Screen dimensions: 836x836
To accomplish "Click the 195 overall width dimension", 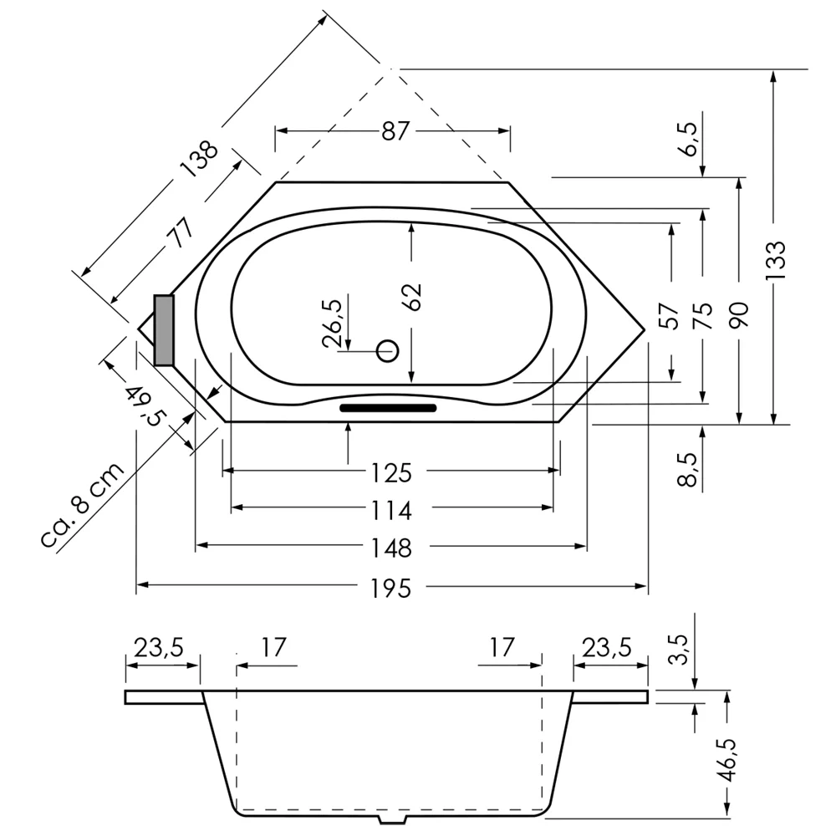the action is point(391,589).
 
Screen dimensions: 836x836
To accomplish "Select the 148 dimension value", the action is point(391,548).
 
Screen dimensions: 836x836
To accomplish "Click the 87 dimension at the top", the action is point(395,131).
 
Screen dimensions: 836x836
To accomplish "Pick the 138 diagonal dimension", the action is point(199,159).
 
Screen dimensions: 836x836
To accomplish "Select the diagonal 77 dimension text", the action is point(181,232).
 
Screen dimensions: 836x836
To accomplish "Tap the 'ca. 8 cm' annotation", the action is point(82,506).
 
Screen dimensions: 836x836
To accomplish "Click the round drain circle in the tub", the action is point(388,351).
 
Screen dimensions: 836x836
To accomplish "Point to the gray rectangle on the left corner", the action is point(164,330).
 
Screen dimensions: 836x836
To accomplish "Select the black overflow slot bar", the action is point(388,408).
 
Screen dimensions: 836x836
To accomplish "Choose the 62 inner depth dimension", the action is point(412,297).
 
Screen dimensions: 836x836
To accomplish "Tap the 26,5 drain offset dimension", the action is point(333,324).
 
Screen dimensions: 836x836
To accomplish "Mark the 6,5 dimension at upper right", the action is point(688,139).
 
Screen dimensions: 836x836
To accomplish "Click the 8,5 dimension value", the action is point(688,470).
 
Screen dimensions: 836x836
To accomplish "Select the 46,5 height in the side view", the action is point(727,760).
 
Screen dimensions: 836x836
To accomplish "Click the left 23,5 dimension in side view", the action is point(159,649).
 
